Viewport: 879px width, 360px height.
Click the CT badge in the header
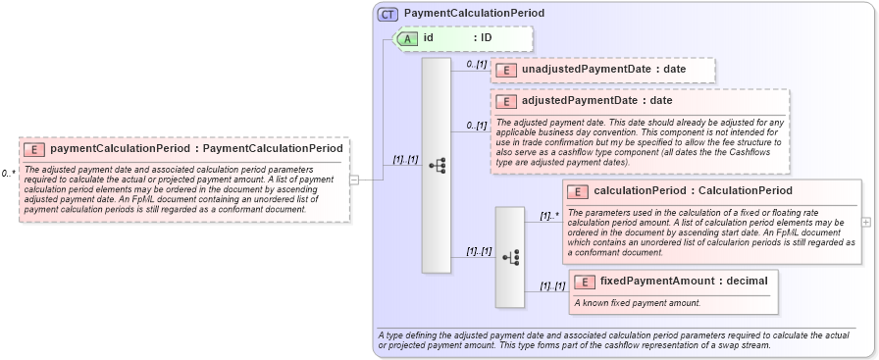coord(388,14)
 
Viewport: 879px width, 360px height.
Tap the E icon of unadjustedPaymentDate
coord(505,70)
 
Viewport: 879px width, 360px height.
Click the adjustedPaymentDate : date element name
coord(596,100)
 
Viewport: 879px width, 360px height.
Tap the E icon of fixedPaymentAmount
coord(584,282)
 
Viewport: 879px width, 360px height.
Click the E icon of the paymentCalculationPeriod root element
coord(34,149)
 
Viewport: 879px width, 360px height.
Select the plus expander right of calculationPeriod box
coord(865,222)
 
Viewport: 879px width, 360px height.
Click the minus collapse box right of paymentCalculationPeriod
coord(354,180)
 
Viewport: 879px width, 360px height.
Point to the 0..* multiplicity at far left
coord(9,174)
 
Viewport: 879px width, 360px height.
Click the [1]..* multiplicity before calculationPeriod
coord(548,215)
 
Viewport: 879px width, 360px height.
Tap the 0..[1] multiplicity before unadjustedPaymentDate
coord(477,64)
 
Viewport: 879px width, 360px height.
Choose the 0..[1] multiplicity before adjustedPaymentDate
coord(477,125)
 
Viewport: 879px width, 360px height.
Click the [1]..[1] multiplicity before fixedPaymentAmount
coord(552,285)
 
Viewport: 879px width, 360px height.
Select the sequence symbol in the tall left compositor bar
coord(437,166)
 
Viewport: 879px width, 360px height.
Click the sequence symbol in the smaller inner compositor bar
coord(509,257)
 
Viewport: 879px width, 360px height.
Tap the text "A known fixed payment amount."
coord(637,302)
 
